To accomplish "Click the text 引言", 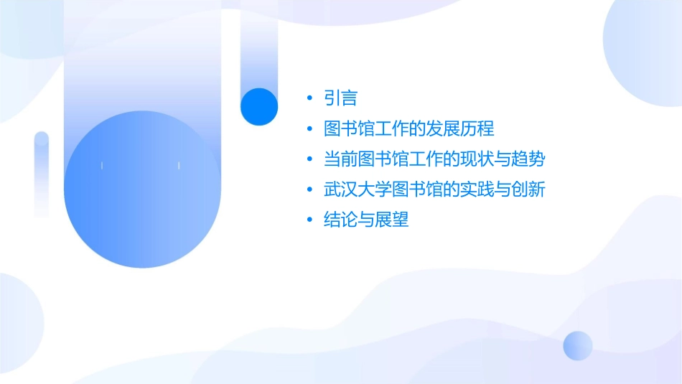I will [341, 98].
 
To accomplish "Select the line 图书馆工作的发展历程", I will [409, 129].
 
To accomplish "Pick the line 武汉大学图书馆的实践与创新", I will [435, 189].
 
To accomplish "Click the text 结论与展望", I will [366, 220].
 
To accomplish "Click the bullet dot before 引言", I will [309, 98].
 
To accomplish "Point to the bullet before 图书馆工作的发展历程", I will [309, 129].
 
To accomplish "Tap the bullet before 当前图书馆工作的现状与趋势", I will [309, 159].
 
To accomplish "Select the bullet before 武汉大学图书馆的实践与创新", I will [309, 189].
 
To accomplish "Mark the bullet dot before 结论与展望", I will [309, 220].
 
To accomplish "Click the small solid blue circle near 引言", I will [259, 106].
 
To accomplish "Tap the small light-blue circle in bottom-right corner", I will [578, 345].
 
